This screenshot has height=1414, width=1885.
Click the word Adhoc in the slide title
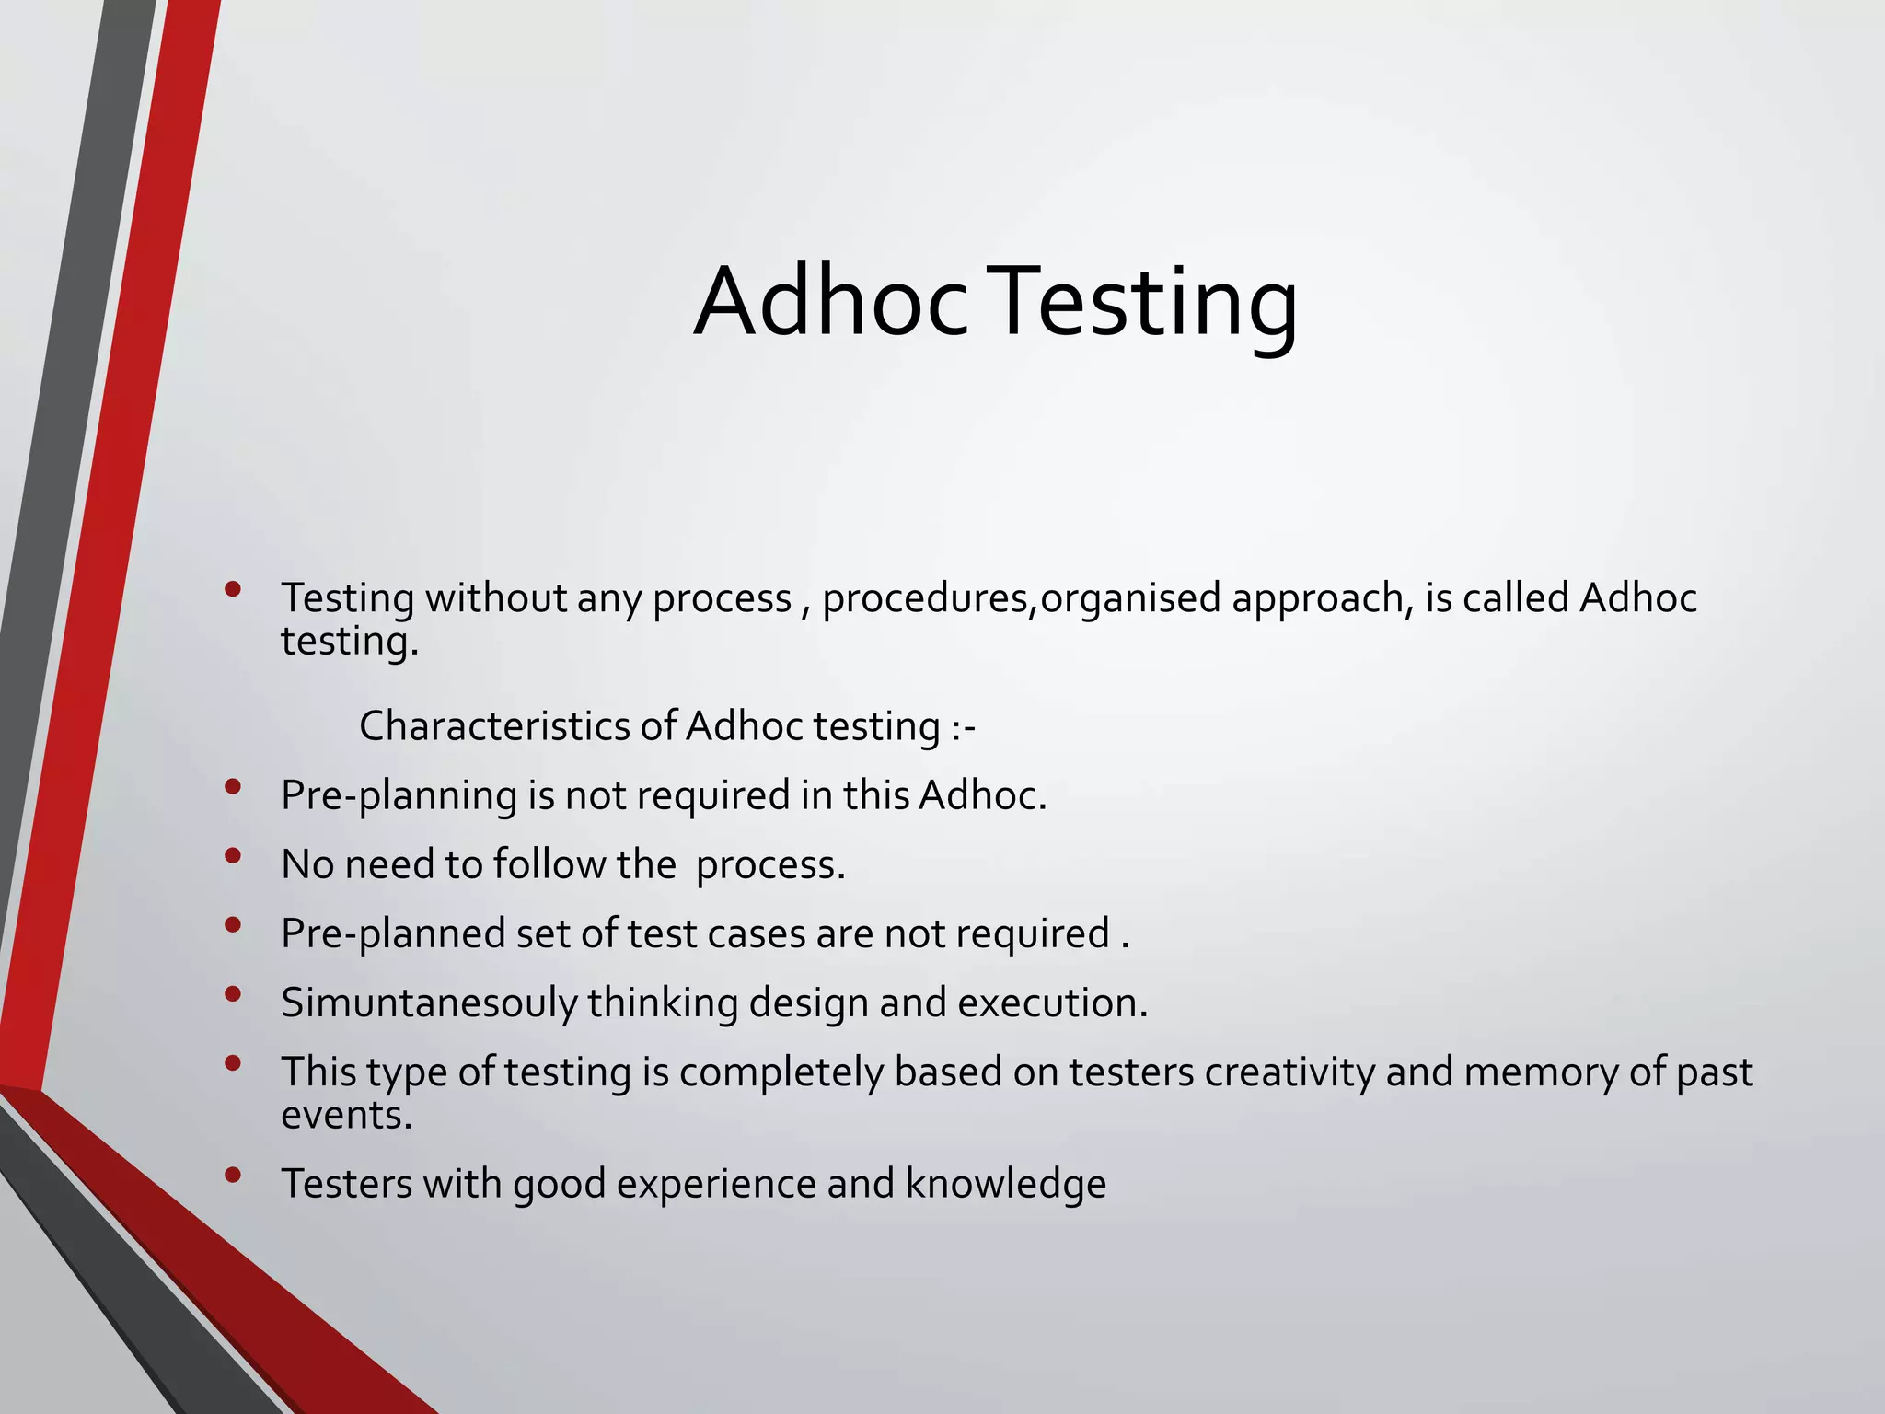[830, 302]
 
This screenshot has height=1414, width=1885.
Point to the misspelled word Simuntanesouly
[429, 1003]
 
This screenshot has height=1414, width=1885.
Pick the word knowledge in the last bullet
[1005, 1184]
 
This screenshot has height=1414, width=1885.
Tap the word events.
[346, 1115]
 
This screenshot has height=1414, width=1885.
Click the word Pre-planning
[399, 796]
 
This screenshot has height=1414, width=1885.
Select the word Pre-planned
[393, 934]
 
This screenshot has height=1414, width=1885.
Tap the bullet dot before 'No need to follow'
[233, 856]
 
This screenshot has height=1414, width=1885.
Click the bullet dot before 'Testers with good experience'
[233, 1175]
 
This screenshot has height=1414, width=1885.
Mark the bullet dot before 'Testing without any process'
[233, 589]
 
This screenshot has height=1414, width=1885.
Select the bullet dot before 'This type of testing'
[233, 1063]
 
